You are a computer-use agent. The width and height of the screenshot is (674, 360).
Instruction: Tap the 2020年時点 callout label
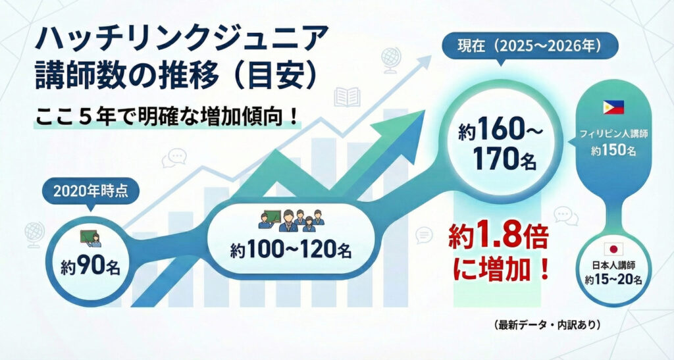click(x=91, y=191)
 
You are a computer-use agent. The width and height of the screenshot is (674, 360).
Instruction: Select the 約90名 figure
click(x=90, y=267)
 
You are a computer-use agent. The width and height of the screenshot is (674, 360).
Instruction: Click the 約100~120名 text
click(x=291, y=251)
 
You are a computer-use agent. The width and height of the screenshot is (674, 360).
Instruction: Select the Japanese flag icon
click(x=613, y=249)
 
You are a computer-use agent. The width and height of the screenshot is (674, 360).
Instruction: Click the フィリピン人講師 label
click(x=613, y=134)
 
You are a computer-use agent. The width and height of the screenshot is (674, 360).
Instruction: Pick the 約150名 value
click(x=613, y=150)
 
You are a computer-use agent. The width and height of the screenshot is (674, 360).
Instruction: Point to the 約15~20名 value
click(x=613, y=280)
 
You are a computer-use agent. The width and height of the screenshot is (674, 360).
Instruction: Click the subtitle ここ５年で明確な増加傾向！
click(x=167, y=117)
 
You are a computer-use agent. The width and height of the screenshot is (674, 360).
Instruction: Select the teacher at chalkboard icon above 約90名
click(x=90, y=238)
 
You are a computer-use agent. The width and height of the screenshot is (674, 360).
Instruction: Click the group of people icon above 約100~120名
click(x=291, y=221)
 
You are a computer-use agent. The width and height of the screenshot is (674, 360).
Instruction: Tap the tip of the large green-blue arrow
click(x=425, y=111)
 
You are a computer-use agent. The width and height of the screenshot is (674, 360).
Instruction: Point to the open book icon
click(x=347, y=97)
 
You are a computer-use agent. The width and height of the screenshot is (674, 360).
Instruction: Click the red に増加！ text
click(x=500, y=269)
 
